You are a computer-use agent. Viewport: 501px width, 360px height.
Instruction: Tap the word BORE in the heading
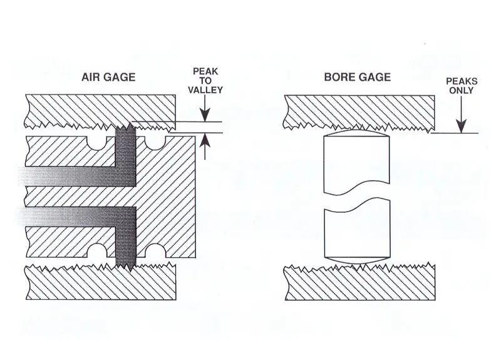pyautogui.click(x=338, y=78)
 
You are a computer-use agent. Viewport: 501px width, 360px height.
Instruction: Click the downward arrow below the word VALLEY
pyautogui.click(x=204, y=113)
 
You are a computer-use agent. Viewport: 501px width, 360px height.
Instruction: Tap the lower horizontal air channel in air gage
pyautogui.click(x=69, y=217)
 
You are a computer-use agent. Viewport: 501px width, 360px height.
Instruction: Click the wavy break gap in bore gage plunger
pyautogui.click(x=358, y=198)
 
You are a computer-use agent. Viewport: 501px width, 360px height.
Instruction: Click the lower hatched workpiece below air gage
pyautogui.click(x=100, y=285)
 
